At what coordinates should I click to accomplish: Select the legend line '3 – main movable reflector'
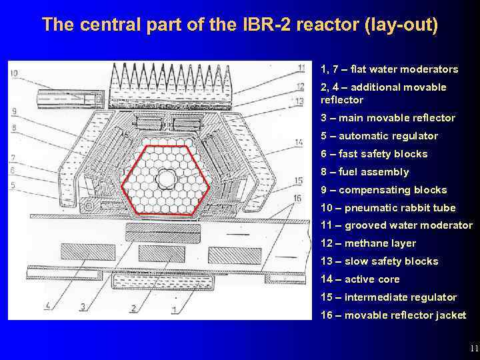click(x=387, y=118)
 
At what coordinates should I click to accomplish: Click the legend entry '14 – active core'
click(x=360, y=279)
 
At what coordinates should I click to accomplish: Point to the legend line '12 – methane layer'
click(x=368, y=243)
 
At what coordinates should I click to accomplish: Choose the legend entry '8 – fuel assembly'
click(x=365, y=172)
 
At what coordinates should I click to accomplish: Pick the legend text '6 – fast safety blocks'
click(x=374, y=154)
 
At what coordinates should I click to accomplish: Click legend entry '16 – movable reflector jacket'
click(x=393, y=315)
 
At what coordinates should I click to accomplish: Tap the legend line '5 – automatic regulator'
click(x=379, y=136)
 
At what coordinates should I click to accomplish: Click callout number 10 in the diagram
click(x=14, y=73)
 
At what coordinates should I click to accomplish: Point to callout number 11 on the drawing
click(x=302, y=68)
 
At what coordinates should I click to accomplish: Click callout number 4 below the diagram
click(x=47, y=306)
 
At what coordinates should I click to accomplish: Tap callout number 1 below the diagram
click(x=174, y=309)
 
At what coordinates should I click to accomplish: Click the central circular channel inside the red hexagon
click(x=166, y=178)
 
